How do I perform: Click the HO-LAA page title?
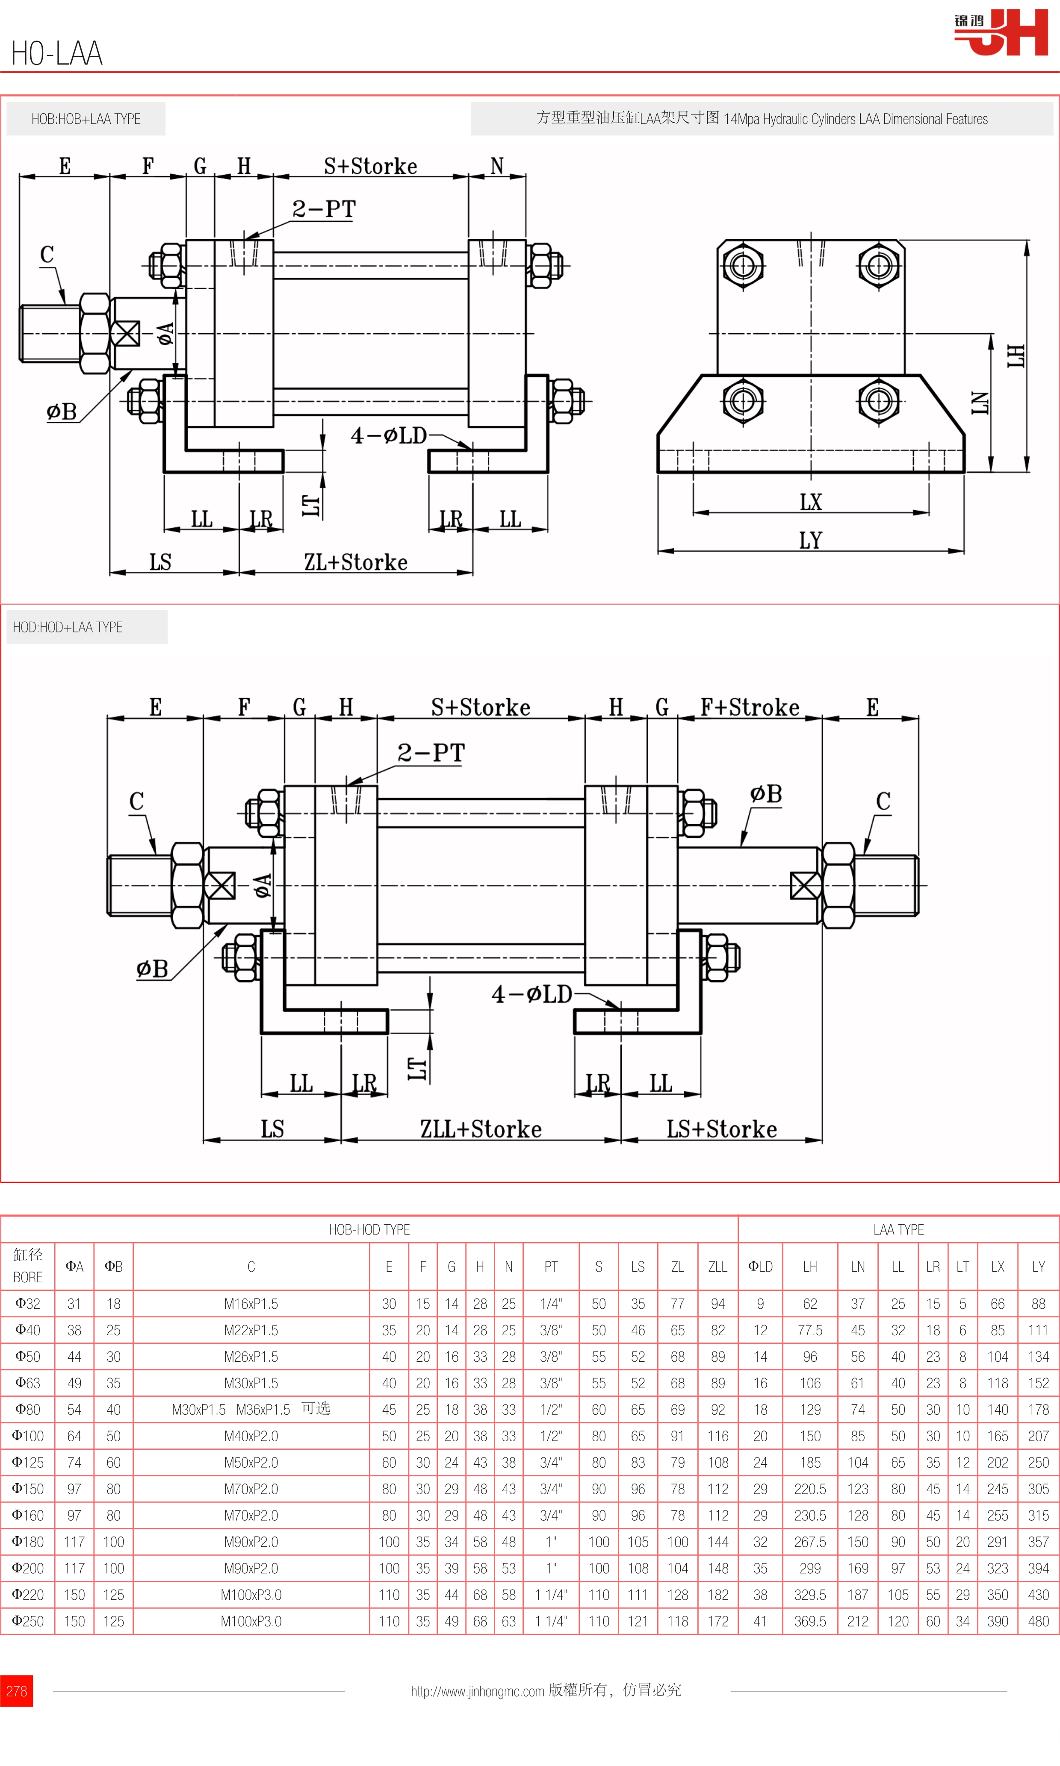pos(57,53)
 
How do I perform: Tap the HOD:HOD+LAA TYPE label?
pos(68,627)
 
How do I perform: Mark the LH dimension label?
pos(1016,356)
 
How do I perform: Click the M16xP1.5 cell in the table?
pos(251,1303)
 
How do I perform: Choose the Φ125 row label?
pos(28,1463)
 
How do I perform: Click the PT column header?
pos(551,1266)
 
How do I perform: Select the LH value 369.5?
pos(810,1621)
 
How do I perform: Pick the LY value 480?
pos(1038,1621)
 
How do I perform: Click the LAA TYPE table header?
pos(898,1229)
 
